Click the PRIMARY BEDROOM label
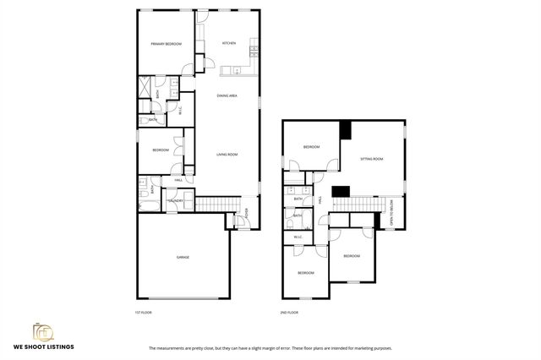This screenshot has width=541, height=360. (x=167, y=44)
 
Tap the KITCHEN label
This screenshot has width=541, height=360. (x=229, y=43)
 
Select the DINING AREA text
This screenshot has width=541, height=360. (x=227, y=96)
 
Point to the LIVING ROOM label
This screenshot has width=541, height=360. (x=227, y=155)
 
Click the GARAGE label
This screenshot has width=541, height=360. (x=183, y=257)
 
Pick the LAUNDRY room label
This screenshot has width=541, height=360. (x=175, y=200)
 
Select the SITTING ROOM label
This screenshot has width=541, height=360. (x=373, y=159)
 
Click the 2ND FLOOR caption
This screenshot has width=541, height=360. (x=289, y=313)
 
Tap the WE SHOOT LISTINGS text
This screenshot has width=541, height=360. (x=43, y=346)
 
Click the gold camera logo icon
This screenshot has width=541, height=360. (x=43, y=331)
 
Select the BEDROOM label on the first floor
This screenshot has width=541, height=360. (x=161, y=150)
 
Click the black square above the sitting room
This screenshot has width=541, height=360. (x=345, y=129)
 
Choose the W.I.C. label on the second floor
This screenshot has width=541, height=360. (x=298, y=237)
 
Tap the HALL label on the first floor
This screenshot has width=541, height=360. (x=179, y=180)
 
